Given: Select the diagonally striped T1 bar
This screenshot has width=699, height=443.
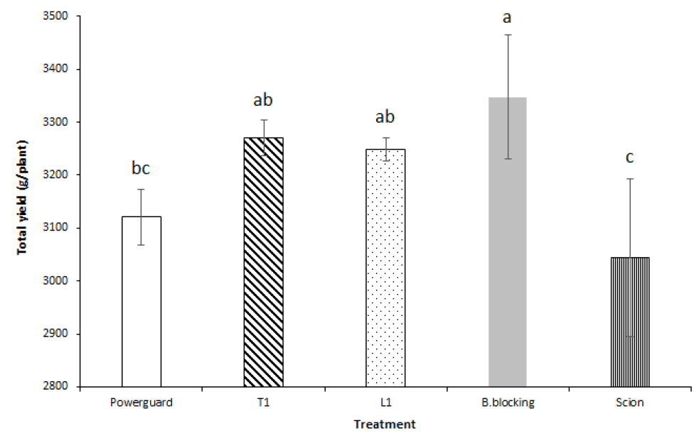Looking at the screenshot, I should point(263,263).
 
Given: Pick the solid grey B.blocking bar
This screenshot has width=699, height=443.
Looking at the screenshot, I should point(507,242).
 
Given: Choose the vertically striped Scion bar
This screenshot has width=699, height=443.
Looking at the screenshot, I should point(629,322).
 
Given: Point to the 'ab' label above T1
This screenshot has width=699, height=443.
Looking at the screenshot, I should point(263,100).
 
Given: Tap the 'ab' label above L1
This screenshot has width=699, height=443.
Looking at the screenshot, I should point(385,116).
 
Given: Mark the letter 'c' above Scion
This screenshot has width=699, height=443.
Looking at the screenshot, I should point(629,157).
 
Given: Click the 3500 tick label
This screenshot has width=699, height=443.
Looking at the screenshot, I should point(63,16).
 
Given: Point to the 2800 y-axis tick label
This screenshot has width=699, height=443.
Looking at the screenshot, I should point(63,388).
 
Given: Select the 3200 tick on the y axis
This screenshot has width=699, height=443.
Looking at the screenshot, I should point(63,175).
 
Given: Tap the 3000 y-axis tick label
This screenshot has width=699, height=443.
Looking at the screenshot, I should point(63,281).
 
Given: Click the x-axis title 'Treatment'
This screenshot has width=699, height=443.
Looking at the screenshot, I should point(385,425).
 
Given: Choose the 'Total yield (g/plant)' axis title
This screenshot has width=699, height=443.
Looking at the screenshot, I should point(22,201).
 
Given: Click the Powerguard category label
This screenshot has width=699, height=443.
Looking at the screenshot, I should point(141,403).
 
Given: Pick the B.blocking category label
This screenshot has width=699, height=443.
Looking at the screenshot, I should point(507,403).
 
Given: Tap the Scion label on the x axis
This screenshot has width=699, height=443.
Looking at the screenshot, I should point(629,403).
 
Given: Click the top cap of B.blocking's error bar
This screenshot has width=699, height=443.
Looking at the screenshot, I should point(507,34).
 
